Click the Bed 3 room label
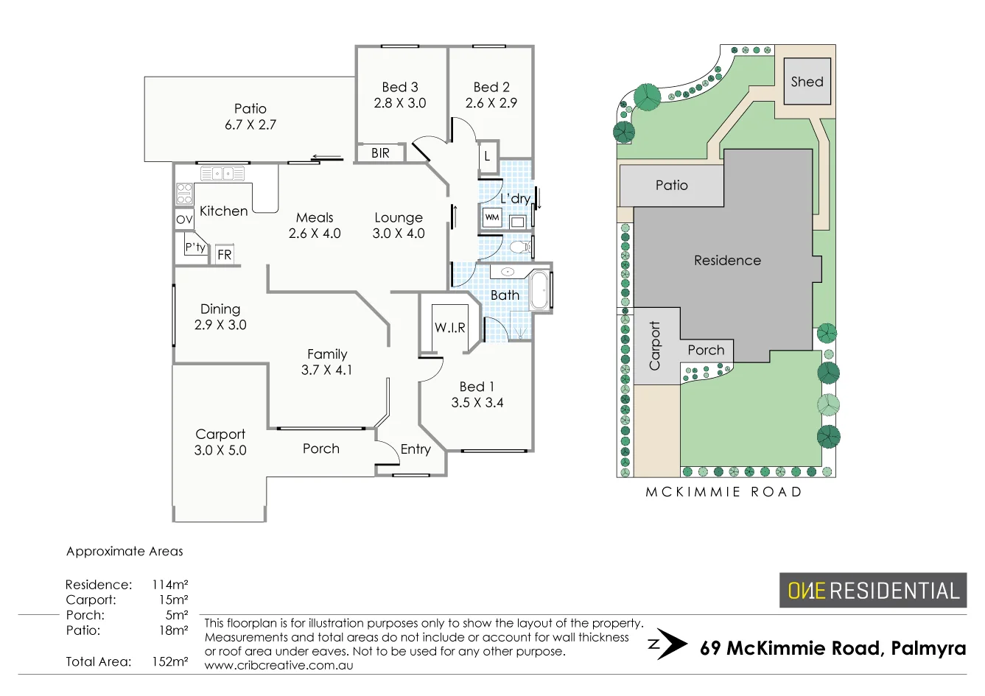click(x=400, y=87)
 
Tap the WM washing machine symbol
click(x=492, y=217)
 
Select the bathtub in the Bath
click(x=539, y=291)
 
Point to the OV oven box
click(x=184, y=219)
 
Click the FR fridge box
click(x=225, y=255)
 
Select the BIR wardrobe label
click(x=380, y=153)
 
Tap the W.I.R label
click(x=449, y=328)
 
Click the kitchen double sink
click(x=223, y=174)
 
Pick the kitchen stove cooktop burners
click(x=184, y=194)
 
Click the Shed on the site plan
click(x=807, y=82)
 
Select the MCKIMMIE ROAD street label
click(x=723, y=492)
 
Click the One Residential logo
click(x=873, y=591)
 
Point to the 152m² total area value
click(x=170, y=661)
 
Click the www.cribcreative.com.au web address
click(x=278, y=666)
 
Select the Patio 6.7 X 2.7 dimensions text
click(x=250, y=125)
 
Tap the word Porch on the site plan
click(x=706, y=350)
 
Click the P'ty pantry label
click(x=195, y=247)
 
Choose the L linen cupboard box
click(x=487, y=156)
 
